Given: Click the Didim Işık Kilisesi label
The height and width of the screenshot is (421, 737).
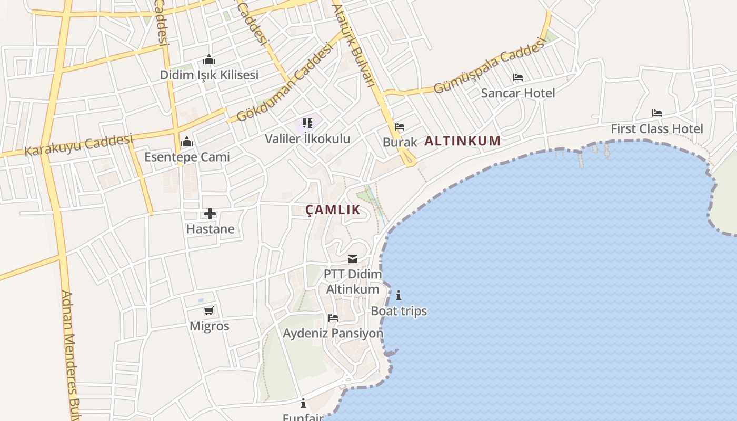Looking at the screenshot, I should [x=209, y=75].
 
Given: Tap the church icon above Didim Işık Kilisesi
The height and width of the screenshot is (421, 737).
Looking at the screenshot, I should [x=209, y=59].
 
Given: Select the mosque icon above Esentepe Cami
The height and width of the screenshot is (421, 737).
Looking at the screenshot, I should [x=187, y=142].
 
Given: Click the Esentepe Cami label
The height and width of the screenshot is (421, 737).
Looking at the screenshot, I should [x=187, y=157].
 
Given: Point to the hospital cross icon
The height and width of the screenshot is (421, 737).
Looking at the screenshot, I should [x=210, y=214].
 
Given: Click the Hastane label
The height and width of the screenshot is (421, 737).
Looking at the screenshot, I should [x=210, y=229].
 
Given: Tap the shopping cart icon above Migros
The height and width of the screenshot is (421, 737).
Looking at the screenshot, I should [x=209, y=310].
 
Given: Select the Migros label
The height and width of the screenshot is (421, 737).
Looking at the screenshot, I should [x=210, y=326].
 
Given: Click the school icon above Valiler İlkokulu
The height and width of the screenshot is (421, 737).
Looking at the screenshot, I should [x=307, y=124].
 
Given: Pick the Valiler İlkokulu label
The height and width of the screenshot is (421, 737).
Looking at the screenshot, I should [x=307, y=139].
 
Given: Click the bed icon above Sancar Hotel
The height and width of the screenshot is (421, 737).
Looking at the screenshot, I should [x=518, y=78].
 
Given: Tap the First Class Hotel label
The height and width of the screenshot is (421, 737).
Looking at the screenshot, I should [x=656, y=128].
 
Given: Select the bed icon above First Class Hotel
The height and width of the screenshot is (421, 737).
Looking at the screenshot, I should [x=656, y=113].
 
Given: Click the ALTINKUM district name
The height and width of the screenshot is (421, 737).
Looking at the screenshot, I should [x=462, y=141].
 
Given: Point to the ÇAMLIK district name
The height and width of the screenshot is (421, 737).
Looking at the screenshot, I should [x=333, y=209].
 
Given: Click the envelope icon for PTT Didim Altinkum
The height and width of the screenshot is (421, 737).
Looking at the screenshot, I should [x=353, y=259].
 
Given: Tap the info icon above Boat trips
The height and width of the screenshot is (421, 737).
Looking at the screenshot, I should [x=399, y=295].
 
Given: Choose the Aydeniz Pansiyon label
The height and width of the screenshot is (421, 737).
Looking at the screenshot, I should [x=333, y=333].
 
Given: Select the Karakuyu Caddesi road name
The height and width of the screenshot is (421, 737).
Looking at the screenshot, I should [x=78, y=144].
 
